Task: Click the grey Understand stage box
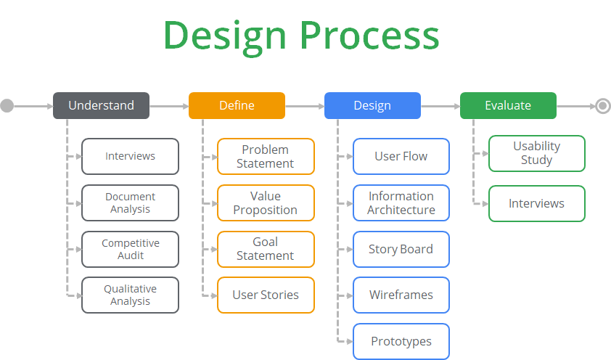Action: tap(102, 105)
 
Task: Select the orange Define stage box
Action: tap(237, 105)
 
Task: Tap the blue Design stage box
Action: tap(372, 105)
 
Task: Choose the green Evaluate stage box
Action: tap(508, 105)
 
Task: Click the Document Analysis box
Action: tap(130, 203)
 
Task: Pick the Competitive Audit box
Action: tap(130, 250)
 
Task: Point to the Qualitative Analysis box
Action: tap(130, 295)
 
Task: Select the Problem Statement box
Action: tap(266, 157)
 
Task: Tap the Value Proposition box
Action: tap(266, 203)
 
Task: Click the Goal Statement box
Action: tap(266, 250)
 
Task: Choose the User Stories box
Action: tap(266, 295)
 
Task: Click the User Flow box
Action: tap(401, 157)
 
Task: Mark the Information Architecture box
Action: tap(401, 203)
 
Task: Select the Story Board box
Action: tap(401, 250)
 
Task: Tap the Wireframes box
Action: tap(401, 295)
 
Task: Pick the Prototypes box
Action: tap(401, 341)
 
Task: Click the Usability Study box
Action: tap(537, 153)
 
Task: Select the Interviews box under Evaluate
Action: tap(537, 204)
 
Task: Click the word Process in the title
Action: tap(369, 36)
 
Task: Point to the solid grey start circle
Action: tap(7, 105)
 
